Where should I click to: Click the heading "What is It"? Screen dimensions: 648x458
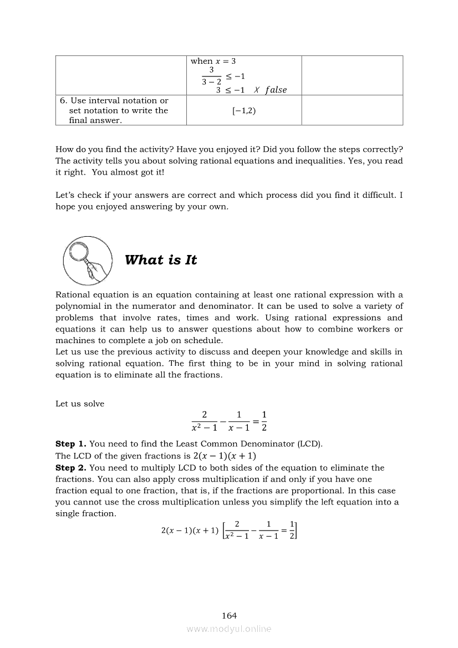click(x=161, y=260)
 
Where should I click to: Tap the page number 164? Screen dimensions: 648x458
click(x=229, y=615)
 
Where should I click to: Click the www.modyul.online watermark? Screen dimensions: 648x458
click(x=229, y=629)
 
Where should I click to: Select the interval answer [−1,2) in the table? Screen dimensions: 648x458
click(x=244, y=110)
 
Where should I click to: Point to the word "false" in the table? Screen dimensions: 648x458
click(x=276, y=90)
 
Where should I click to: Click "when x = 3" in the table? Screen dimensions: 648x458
click(x=213, y=61)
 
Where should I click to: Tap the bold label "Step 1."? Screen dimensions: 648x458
click(x=71, y=444)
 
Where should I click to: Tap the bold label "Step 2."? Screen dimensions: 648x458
click(x=71, y=468)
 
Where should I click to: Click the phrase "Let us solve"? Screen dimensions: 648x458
click(x=80, y=404)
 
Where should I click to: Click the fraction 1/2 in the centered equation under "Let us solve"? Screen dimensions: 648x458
click(x=264, y=421)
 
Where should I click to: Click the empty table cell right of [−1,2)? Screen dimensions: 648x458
click(x=352, y=110)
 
